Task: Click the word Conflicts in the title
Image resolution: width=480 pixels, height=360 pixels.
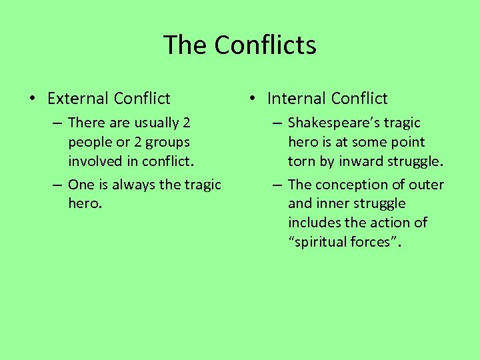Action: click(265, 45)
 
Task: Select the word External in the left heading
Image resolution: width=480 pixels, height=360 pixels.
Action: click(77, 99)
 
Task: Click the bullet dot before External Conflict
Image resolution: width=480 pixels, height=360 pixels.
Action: click(31, 99)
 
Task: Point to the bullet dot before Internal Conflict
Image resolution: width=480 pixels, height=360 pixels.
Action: click(251, 99)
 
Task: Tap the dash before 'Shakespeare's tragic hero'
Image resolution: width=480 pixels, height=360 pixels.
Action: click(276, 123)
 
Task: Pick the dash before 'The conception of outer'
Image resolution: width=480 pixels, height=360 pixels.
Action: click(276, 185)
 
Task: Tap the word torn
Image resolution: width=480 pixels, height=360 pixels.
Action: click(301, 161)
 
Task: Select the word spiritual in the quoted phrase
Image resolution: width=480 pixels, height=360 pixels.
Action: click(324, 242)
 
